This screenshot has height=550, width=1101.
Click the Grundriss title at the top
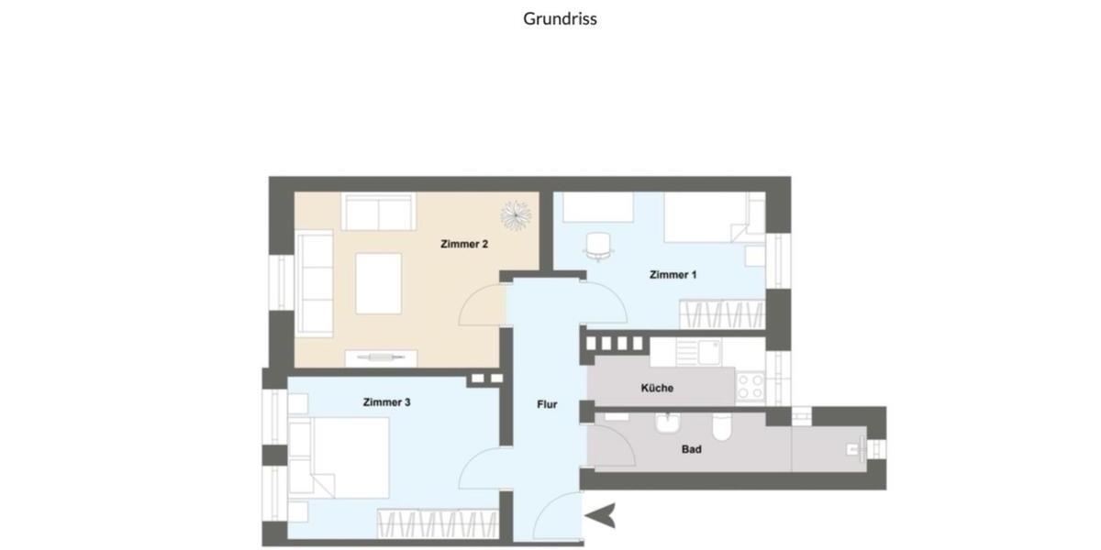point(560,18)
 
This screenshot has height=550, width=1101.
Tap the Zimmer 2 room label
point(463,244)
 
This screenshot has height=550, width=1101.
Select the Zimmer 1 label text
point(673,275)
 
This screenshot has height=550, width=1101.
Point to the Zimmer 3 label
point(386,402)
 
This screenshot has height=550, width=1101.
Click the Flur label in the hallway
point(547,404)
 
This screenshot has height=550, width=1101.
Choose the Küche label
point(657,388)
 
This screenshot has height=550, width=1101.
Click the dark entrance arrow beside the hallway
point(601,517)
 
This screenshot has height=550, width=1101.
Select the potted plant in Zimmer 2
point(516,214)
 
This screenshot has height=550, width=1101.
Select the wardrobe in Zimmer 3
point(436,525)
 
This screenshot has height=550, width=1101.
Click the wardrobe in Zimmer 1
point(721,315)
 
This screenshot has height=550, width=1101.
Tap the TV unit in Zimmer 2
point(381,357)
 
